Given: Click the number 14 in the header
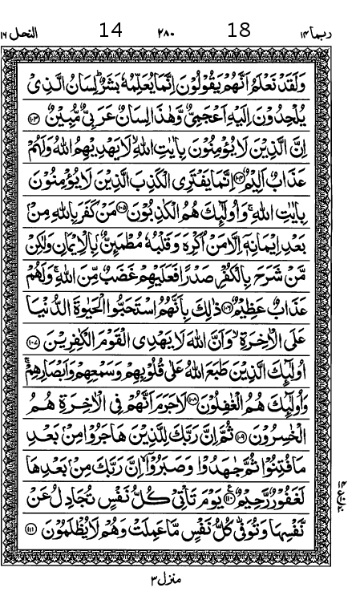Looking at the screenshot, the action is (x=111, y=32).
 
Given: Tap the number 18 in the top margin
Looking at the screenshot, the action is (x=239, y=32).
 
